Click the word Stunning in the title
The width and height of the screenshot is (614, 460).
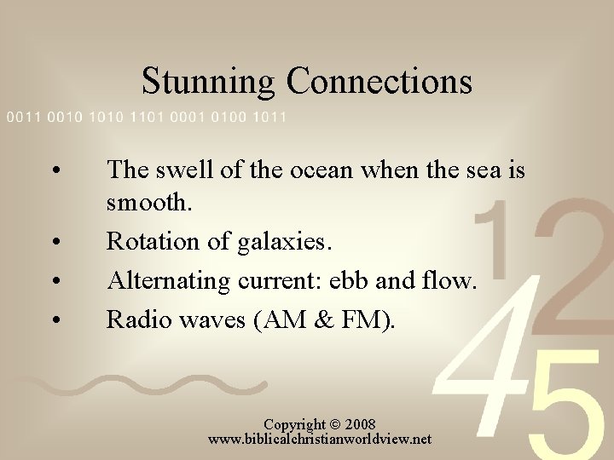pos(208,82)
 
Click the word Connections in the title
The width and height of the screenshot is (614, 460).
pos(379,82)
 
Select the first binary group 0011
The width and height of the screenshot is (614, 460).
pos(24,117)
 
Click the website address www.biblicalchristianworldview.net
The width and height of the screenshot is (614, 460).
pos(320,440)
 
